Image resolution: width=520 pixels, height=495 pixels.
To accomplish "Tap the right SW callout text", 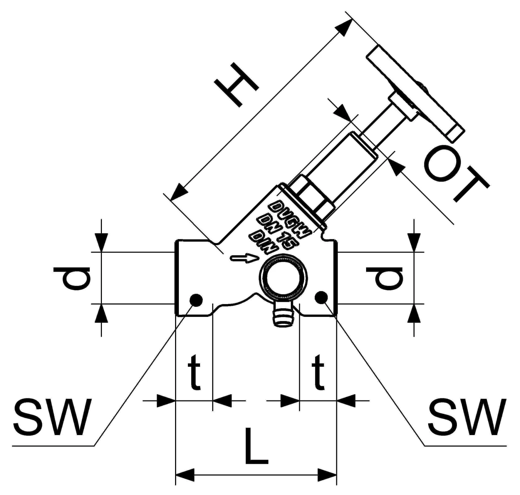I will point(467,417).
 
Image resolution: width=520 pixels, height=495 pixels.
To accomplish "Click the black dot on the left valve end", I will point(196,300).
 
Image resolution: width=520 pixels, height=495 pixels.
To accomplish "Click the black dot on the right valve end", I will point(321,297).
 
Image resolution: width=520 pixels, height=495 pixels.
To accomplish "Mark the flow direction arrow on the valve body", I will point(245,258).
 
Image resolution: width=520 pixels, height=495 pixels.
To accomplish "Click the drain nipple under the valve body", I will point(283,315).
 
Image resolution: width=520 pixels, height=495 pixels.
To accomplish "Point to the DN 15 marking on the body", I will point(276,230).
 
